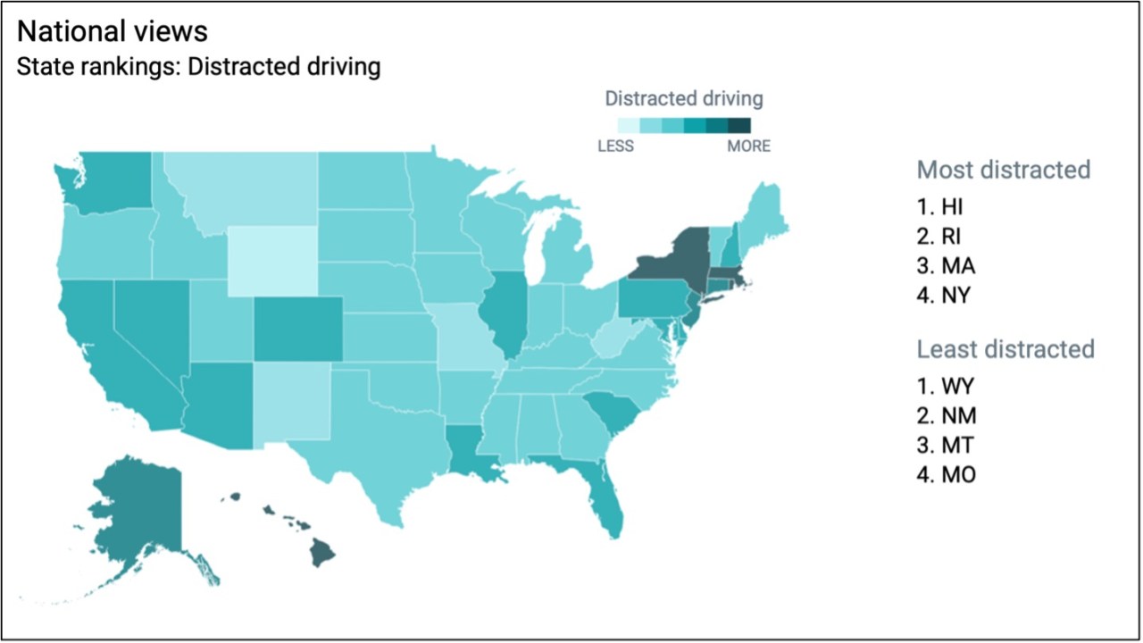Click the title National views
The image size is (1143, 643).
(113, 32)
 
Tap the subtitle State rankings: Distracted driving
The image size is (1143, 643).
(199, 67)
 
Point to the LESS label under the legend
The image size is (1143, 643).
(615, 146)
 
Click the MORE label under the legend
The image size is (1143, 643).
(748, 146)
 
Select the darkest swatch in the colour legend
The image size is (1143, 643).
(739, 125)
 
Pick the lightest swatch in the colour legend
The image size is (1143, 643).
(628, 125)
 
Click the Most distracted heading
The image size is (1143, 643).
(1004, 169)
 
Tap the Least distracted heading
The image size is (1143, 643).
(1005, 348)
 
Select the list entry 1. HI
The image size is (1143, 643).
(940, 207)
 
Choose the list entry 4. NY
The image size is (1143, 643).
(943, 296)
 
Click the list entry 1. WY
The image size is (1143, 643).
(945, 387)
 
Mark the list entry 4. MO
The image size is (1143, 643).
(946, 475)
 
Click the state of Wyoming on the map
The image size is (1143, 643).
(271, 260)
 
